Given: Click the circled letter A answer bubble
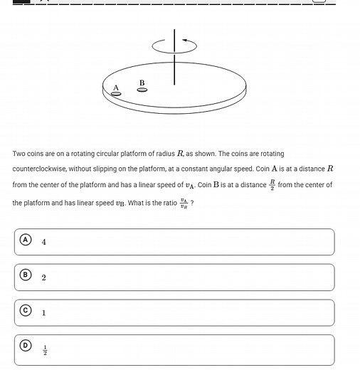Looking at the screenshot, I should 26,240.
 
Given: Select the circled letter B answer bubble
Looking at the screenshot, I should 26,275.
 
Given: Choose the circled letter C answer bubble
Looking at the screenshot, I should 26,310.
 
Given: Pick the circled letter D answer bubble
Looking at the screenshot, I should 26,346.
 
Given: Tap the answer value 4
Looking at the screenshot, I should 44,242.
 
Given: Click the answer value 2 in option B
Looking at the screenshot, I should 44,277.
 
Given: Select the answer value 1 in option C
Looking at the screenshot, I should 44,313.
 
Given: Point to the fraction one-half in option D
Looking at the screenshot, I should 44,349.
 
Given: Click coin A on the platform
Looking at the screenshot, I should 116,94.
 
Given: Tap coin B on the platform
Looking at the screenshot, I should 142,90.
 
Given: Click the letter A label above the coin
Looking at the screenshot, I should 116,88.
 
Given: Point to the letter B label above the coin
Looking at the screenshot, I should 142,83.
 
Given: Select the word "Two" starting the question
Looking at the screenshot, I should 18,154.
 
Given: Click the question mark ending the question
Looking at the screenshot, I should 192,203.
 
